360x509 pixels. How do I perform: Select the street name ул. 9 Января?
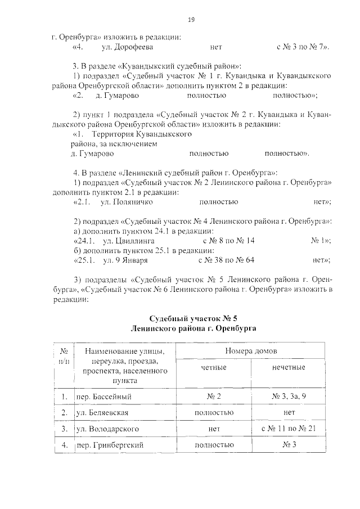(x=125, y=260)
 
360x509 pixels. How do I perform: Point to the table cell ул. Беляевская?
(x=103, y=413)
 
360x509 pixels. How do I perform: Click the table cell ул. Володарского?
(x=107, y=429)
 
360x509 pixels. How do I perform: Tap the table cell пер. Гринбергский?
(x=109, y=445)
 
